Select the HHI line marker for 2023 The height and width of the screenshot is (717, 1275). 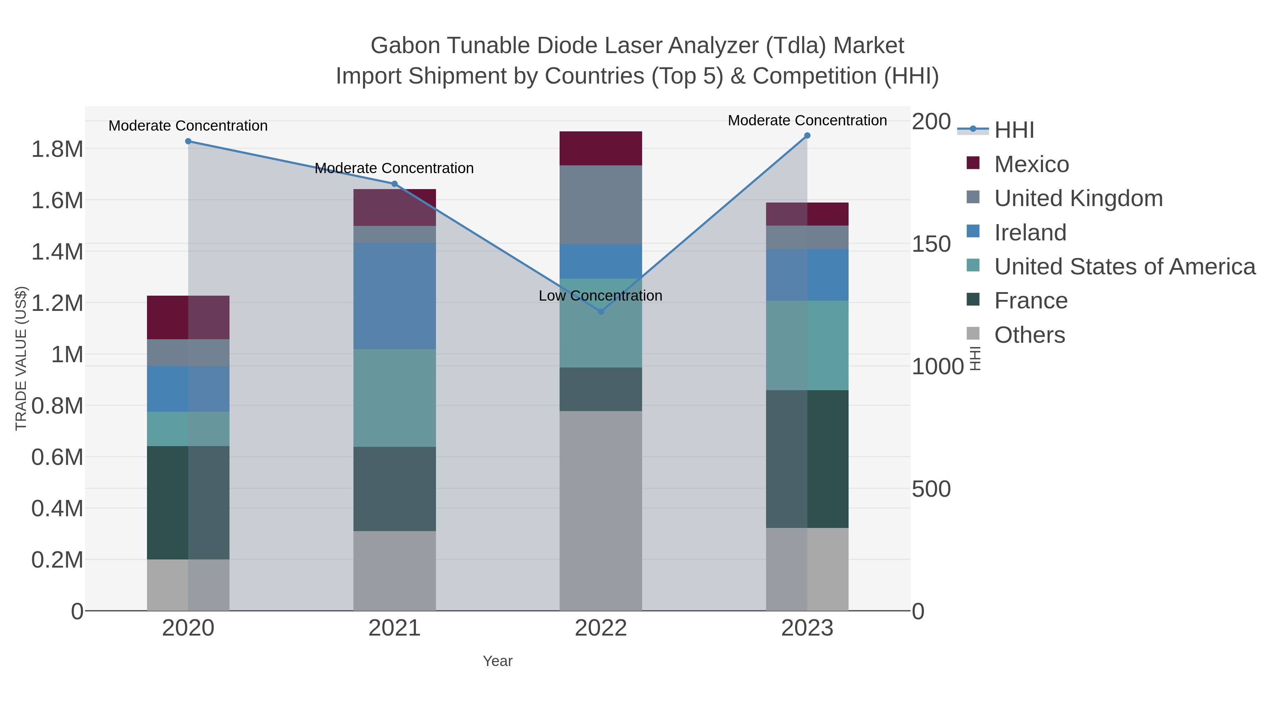(807, 136)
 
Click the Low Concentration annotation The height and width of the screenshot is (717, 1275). (600, 296)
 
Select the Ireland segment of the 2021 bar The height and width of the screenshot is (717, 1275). (395, 296)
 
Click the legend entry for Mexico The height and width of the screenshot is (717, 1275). (1031, 164)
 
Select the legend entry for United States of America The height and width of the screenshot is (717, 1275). (1124, 267)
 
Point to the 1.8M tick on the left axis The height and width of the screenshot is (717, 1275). (57, 149)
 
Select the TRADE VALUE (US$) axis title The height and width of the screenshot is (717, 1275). (21, 358)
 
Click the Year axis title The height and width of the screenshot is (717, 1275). (498, 661)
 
